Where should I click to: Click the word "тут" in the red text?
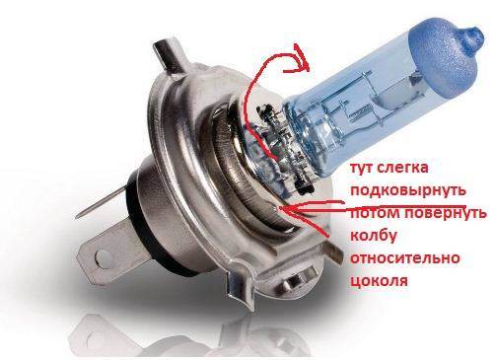[x=362, y=168]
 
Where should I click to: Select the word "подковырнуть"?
[x=408, y=190]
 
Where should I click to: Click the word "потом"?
[x=375, y=213]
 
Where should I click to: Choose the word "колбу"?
[x=374, y=236]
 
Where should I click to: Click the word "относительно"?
[x=405, y=258]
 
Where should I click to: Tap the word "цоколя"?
[x=379, y=281]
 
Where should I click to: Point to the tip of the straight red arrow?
[x=280, y=208]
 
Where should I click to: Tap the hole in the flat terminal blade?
[x=103, y=256]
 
